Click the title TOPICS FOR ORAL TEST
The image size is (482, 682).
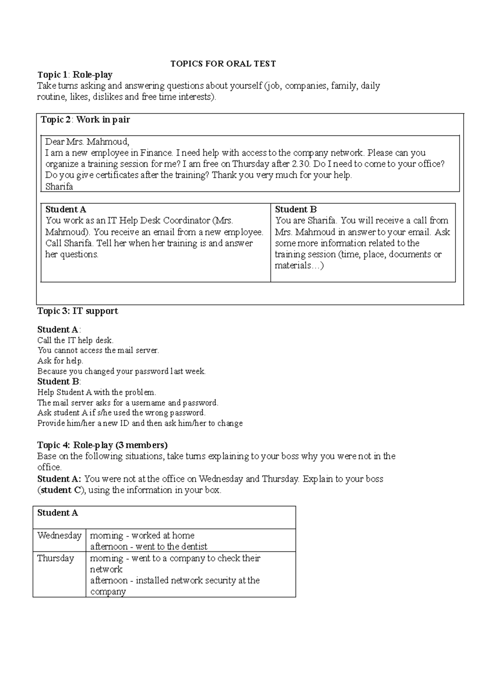tap(223, 64)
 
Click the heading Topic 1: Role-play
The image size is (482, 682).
tap(75, 74)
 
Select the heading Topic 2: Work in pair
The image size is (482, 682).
tap(85, 119)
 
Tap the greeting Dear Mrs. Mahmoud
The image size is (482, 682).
tap(87, 142)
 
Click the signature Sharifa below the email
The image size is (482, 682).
tap(59, 187)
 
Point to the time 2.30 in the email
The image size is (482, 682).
tap(300, 164)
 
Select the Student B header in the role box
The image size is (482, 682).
tap(296, 210)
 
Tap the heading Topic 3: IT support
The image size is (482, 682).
tap(78, 311)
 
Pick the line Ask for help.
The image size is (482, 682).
tap(60, 361)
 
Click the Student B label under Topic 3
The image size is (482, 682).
tap(59, 381)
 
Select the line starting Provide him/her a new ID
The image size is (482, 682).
tap(140, 423)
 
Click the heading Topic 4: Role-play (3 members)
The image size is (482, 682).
tap(102, 445)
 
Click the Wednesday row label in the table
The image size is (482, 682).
tap(59, 536)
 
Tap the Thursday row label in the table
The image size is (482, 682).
tap(56, 558)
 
